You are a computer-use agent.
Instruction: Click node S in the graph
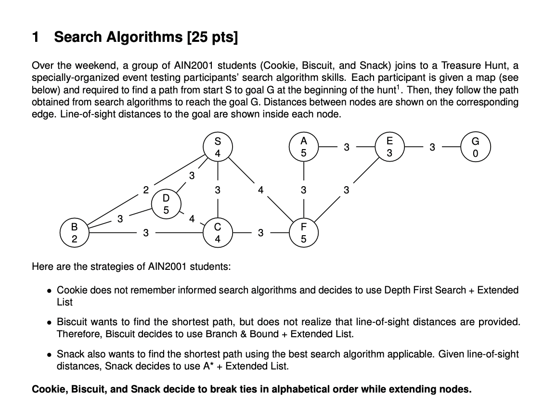coord(218,147)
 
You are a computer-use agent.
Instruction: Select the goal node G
coord(476,147)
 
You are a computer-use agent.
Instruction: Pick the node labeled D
coord(166,203)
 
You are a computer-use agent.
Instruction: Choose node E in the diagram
coord(389,147)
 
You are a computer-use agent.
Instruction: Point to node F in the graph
coord(303,233)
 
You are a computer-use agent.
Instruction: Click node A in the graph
coord(303,147)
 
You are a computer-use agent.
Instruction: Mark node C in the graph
coord(218,233)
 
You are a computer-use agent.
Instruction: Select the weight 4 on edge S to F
coord(260,190)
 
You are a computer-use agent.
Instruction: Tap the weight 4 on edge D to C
coord(192,219)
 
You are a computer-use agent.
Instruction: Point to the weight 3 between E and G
coord(432,147)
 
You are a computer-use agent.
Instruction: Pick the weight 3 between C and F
coord(260,233)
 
